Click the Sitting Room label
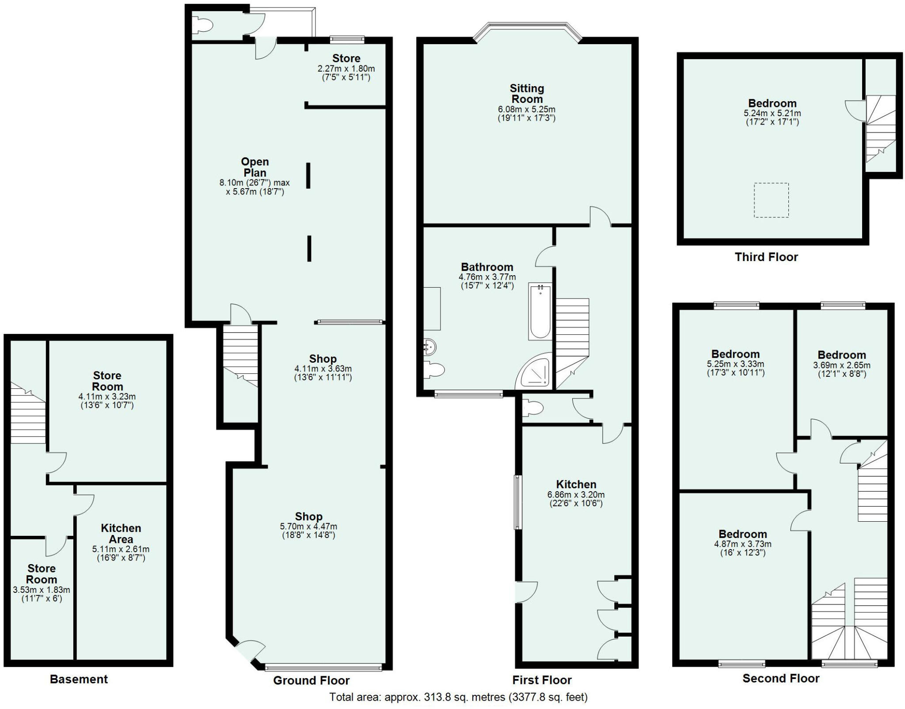pos(527,94)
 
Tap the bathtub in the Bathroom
pos(540,312)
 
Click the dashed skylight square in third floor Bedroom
pos(771,200)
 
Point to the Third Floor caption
pos(766,257)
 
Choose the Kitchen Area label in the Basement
pos(121,534)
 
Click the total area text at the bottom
pos(458,697)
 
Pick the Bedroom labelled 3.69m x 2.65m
pos(841,355)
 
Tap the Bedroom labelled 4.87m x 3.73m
pos(742,534)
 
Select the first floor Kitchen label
pos(576,484)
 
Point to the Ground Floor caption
pos(311,680)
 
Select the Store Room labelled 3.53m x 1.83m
pos(42,574)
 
